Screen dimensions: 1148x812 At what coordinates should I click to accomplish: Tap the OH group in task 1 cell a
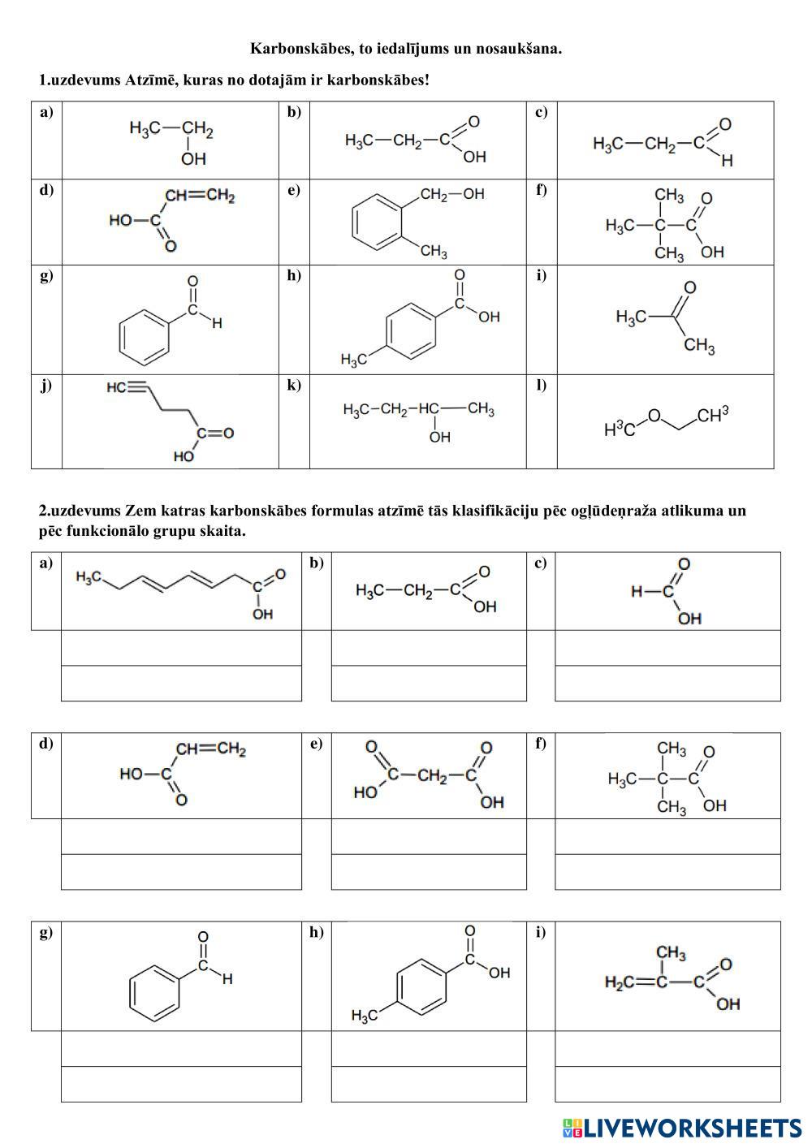[x=193, y=159]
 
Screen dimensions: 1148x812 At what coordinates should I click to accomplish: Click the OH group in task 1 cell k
[x=439, y=438]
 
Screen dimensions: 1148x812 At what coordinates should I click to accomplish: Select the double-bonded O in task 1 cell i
[x=690, y=287]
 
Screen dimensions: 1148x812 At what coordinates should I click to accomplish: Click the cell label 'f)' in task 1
[x=541, y=190]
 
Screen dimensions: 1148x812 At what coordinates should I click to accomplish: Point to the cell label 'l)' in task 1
[x=541, y=385]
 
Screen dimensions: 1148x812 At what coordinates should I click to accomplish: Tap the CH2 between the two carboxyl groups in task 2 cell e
[x=433, y=775]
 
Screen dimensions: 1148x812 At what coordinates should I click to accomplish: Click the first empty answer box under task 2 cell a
[x=181, y=648]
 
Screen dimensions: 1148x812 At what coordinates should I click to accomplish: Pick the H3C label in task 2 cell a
[x=88, y=577]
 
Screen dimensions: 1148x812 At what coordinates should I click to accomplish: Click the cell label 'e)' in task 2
[x=316, y=743]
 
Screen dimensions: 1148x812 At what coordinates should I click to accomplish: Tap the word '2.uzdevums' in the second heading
[x=79, y=511]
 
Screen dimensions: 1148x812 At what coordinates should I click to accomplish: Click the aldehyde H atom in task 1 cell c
[x=727, y=161]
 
